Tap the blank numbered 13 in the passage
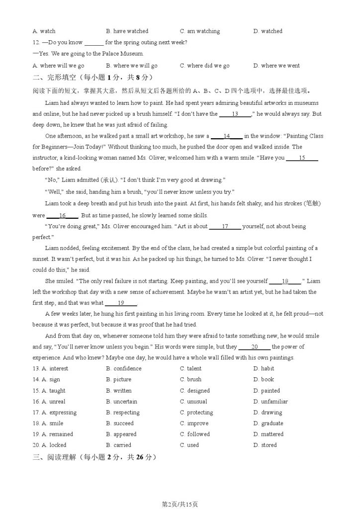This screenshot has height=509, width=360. click(235, 114)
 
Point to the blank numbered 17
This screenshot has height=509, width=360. click(225, 227)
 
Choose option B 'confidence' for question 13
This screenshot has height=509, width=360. click(127, 369)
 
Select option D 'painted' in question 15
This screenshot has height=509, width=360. click(270, 391)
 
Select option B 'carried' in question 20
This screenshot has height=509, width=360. click(122, 445)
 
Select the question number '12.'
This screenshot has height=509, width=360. click(36, 43)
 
